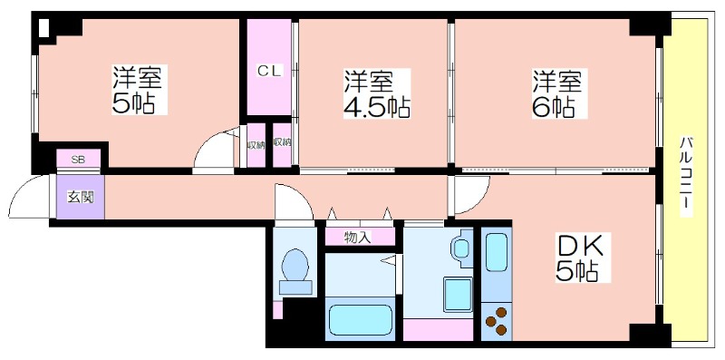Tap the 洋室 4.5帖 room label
pyautogui.click(x=376, y=94)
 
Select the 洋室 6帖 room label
pyautogui.click(x=558, y=94)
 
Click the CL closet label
pyautogui.click(x=269, y=72)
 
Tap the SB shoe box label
pyautogui.click(x=78, y=161)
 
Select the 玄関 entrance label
pyautogui.click(x=81, y=197)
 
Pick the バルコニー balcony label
pyautogui.click(x=686, y=176)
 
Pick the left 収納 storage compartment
pyautogui.click(x=256, y=145)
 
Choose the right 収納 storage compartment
pyautogui.click(x=282, y=145)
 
